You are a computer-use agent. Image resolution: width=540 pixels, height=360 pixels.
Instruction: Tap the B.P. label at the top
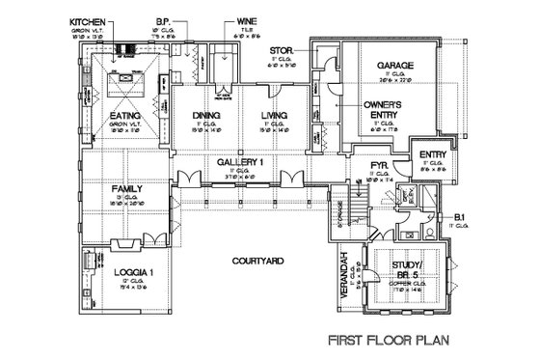[189, 19]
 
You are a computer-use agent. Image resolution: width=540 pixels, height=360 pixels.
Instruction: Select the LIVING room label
[273, 116]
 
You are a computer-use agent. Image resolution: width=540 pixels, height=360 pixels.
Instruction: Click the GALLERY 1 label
[239, 162]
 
